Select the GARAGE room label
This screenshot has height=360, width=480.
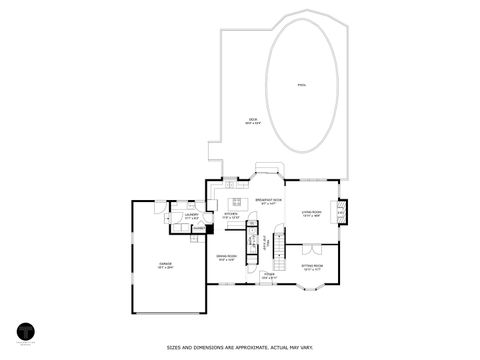pos(164,265)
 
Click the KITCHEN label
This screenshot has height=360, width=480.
pos(231,214)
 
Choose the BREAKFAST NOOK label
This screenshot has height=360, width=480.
pos(267,202)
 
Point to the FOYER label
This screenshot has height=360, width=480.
pos(269,274)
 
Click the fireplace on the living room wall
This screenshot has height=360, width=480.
pos(344,212)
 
